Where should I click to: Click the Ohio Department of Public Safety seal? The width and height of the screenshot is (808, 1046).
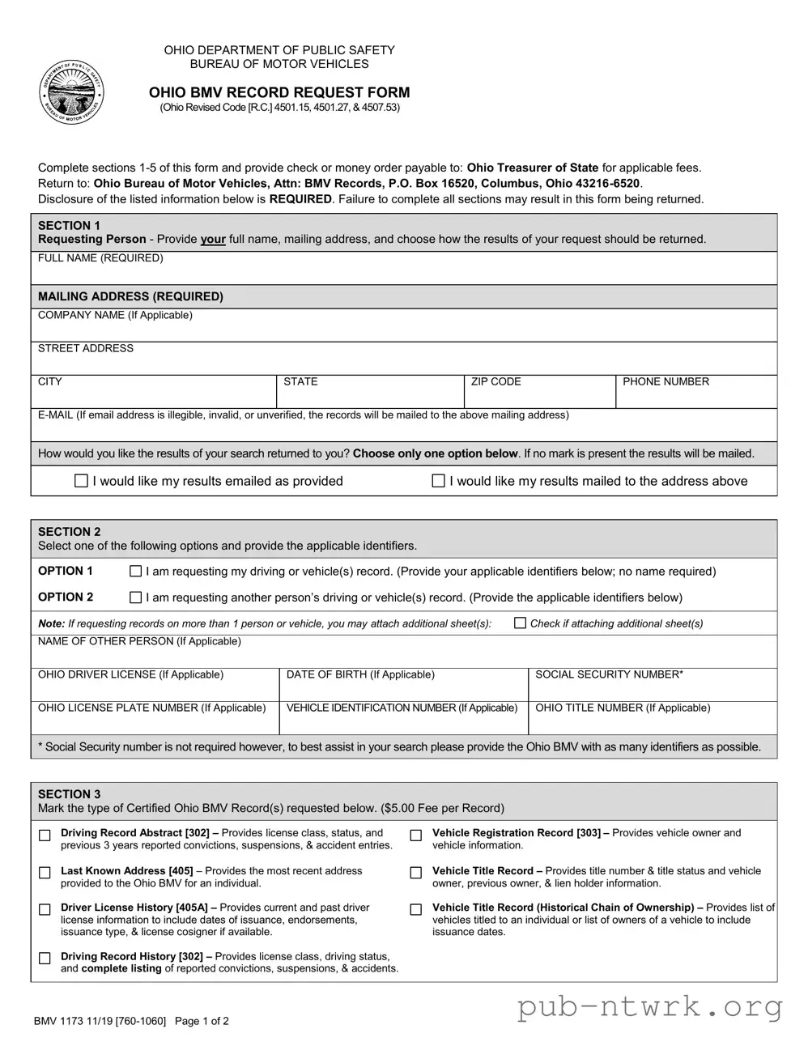coord(72,92)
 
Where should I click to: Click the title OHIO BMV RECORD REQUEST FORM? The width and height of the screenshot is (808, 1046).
coord(279,92)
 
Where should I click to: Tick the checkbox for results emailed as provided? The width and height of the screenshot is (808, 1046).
coord(81,481)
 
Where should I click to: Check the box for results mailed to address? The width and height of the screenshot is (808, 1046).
coord(438,481)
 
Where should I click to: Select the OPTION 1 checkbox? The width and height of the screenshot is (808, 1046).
coord(136,572)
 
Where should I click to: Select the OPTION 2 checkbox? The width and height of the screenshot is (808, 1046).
coord(136,597)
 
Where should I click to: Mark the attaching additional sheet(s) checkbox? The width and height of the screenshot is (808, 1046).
coord(521,623)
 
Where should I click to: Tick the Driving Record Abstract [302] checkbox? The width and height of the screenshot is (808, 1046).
coord(45,836)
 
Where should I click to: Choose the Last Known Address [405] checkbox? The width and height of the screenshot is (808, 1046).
coord(45,873)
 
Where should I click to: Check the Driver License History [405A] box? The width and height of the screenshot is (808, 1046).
coord(45,910)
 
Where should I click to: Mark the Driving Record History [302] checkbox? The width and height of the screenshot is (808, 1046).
coord(45,959)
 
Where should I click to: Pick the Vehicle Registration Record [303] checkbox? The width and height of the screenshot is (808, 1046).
coord(416,836)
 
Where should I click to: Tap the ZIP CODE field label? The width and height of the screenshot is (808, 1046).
coord(495,382)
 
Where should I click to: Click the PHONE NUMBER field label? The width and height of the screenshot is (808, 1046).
coord(666,382)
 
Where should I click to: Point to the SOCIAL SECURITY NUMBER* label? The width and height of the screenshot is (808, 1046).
coord(609,674)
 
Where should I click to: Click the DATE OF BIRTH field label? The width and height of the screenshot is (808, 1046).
coord(360,674)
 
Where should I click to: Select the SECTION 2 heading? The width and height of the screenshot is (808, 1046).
coord(70,532)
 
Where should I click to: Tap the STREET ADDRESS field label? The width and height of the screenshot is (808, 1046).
coord(86,349)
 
